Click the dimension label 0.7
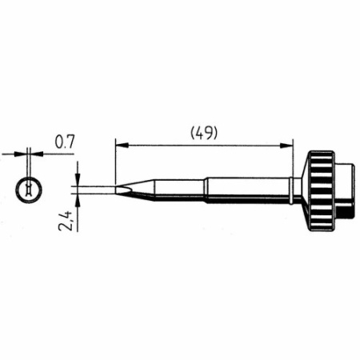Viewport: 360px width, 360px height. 65,142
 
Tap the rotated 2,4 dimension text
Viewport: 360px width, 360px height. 70,217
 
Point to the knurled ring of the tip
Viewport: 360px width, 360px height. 322,186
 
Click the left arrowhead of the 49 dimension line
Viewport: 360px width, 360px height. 120,145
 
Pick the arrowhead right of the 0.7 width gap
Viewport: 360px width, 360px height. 36,151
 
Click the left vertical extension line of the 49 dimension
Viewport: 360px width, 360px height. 116,160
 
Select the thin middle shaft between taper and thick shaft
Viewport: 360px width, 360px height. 180,190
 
